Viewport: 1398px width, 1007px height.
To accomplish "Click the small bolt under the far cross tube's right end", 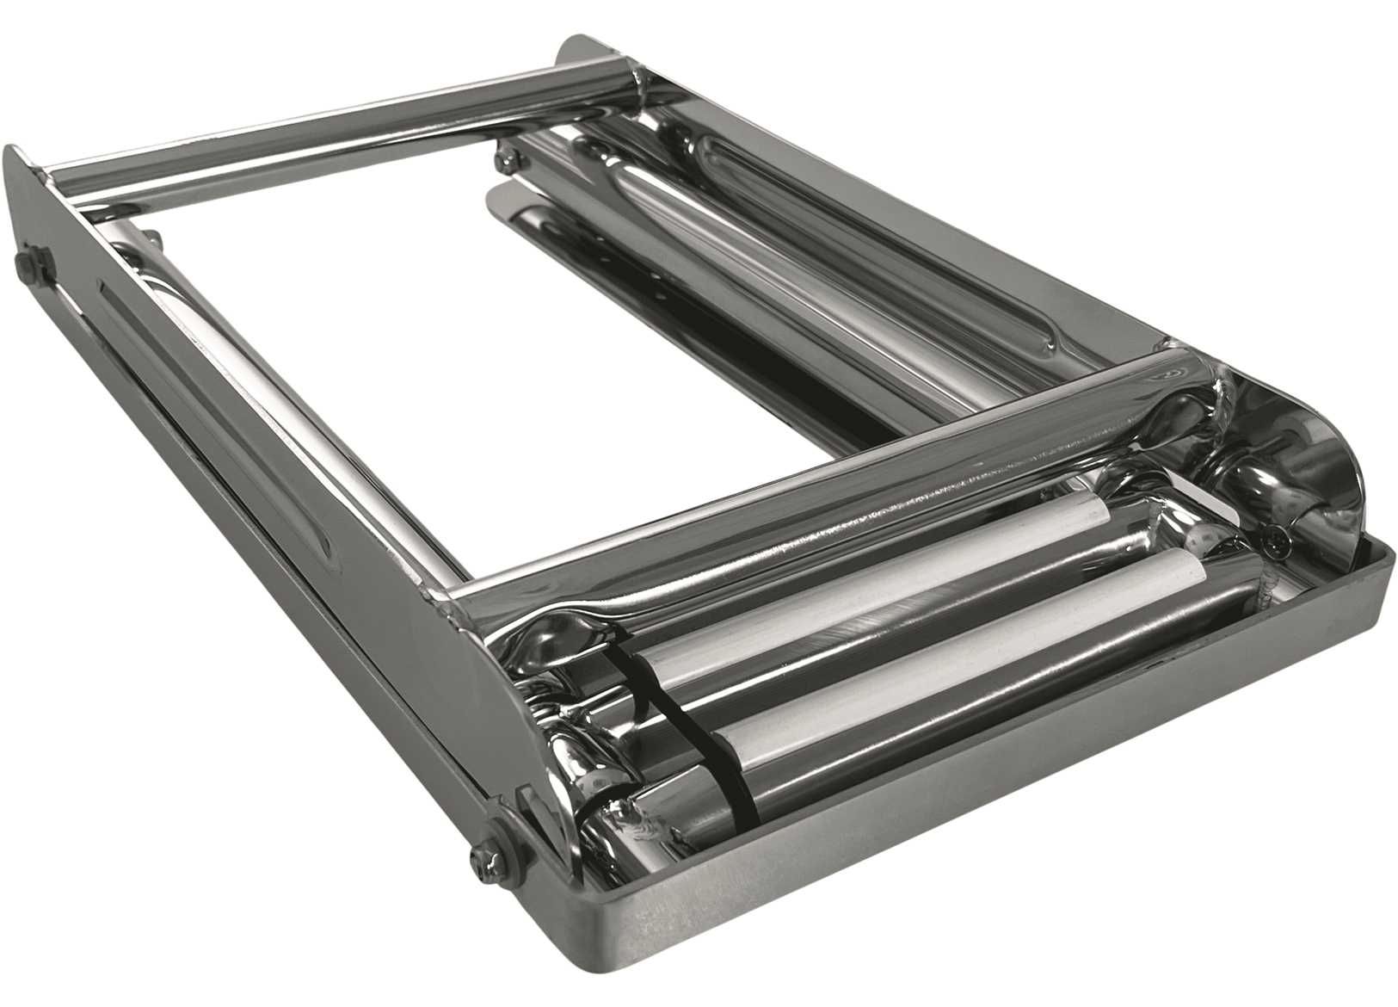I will click(x=506, y=156).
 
